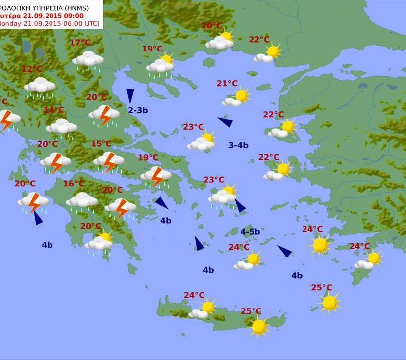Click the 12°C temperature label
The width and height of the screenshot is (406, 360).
32,69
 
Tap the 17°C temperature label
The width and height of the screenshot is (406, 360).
80,43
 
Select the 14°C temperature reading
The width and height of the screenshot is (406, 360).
54,110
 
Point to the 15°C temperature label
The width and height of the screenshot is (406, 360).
101,144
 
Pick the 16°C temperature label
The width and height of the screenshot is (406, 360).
74,184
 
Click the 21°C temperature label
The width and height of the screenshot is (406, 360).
227,84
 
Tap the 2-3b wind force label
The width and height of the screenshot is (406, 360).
138,110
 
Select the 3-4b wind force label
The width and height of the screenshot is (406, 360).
238,145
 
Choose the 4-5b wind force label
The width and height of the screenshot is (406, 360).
250,232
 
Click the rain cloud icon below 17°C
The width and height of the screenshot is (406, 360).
88,60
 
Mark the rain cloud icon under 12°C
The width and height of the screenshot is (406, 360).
40,87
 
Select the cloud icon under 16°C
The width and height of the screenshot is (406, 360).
82,201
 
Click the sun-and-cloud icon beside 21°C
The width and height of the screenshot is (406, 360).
236,98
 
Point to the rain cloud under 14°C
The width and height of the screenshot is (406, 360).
61,128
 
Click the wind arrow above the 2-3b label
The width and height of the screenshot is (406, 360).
130,96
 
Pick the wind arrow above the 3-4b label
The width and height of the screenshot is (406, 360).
225,122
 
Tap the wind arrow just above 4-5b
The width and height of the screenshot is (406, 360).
240,206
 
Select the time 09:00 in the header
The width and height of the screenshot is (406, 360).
73,15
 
